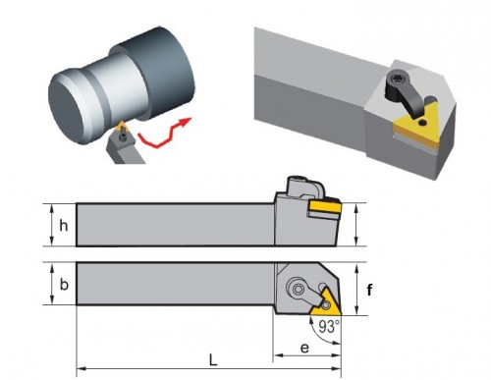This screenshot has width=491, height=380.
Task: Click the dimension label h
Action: [x=64, y=226]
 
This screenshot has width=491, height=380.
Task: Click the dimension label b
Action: [x=64, y=284]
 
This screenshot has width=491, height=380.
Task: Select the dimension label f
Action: [x=369, y=290]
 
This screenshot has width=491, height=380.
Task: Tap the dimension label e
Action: [x=304, y=348]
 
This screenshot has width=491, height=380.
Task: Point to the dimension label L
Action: [x=213, y=360]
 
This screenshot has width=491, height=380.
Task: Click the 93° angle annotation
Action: [x=329, y=327]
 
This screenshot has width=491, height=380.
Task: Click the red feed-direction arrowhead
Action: [x=185, y=122]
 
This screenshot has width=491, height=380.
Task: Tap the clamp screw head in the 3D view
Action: [x=398, y=79]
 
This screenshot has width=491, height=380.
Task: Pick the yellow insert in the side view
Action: [x=326, y=206]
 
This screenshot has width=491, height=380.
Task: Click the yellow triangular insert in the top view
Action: [x=326, y=302]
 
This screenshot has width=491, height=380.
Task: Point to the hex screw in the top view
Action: [x=298, y=289]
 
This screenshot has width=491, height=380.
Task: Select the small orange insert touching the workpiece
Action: [x=122, y=126]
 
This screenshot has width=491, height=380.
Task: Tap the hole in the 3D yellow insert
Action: [x=423, y=123]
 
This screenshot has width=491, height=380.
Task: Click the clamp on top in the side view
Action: [x=304, y=188]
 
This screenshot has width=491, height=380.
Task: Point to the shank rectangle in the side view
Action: [x=175, y=225]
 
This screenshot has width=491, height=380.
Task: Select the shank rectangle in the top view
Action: [x=175, y=284]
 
